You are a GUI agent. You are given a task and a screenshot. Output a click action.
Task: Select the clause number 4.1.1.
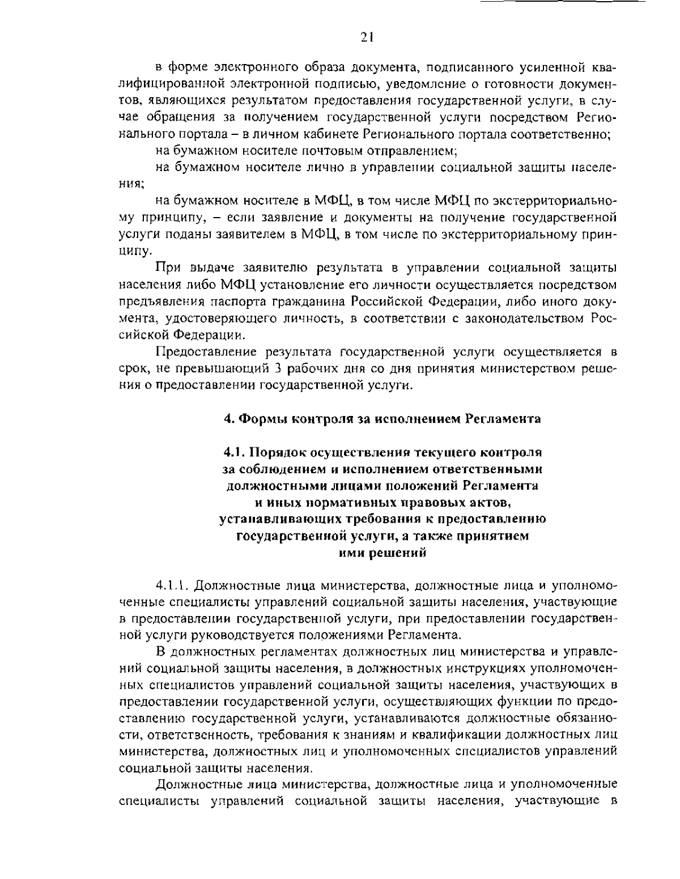(172, 584)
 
